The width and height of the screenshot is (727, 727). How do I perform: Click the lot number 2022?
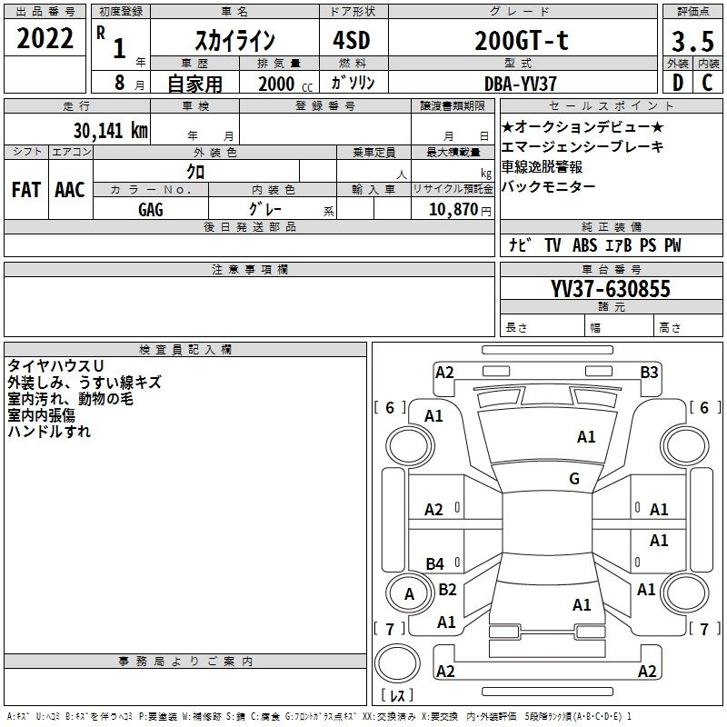(45, 38)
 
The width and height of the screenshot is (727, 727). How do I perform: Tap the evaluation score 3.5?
(690, 40)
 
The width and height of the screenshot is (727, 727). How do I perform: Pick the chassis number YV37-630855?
(610, 289)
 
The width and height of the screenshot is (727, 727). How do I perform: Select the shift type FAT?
(25, 189)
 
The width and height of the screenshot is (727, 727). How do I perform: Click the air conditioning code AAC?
(69, 189)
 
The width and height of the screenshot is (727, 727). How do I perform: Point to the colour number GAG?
(151, 209)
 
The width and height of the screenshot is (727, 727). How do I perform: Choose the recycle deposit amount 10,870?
(452, 209)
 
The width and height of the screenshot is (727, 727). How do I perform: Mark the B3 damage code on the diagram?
(649, 372)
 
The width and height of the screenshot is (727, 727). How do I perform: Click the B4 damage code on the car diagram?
(435, 563)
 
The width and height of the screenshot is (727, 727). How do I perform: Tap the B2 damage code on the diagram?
(447, 589)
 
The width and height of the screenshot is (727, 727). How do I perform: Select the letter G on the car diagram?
(574, 479)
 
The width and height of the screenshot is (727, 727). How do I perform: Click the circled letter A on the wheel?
(409, 593)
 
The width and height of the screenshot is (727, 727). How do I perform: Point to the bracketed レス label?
(397, 696)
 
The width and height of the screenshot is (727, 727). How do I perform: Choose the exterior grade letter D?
(677, 83)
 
